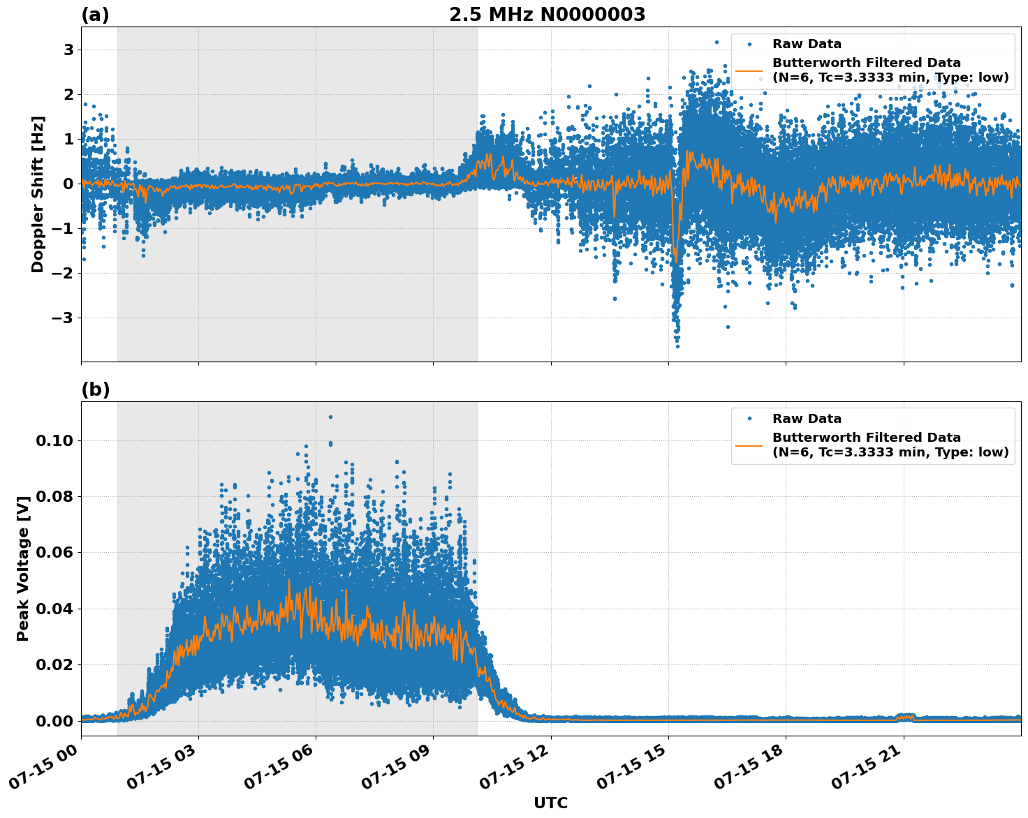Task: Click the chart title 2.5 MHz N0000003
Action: pyautogui.click(x=547, y=15)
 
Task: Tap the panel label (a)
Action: pyautogui.click(x=95, y=15)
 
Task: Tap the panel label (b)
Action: pyautogui.click(x=95, y=389)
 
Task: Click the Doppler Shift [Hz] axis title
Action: pyautogui.click(x=38, y=194)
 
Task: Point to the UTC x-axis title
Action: pyautogui.click(x=550, y=803)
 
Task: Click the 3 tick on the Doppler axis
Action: pyautogui.click(x=68, y=50)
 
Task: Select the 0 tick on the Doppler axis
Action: pyautogui.click(x=68, y=184)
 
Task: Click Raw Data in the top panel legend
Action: pyautogui.click(x=807, y=44)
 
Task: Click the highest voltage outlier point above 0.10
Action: pyautogui.click(x=330, y=417)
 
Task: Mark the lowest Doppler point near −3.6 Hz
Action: pyautogui.click(x=677, y=346)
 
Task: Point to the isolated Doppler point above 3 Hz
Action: pyautogui.click(x=716, y=42)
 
